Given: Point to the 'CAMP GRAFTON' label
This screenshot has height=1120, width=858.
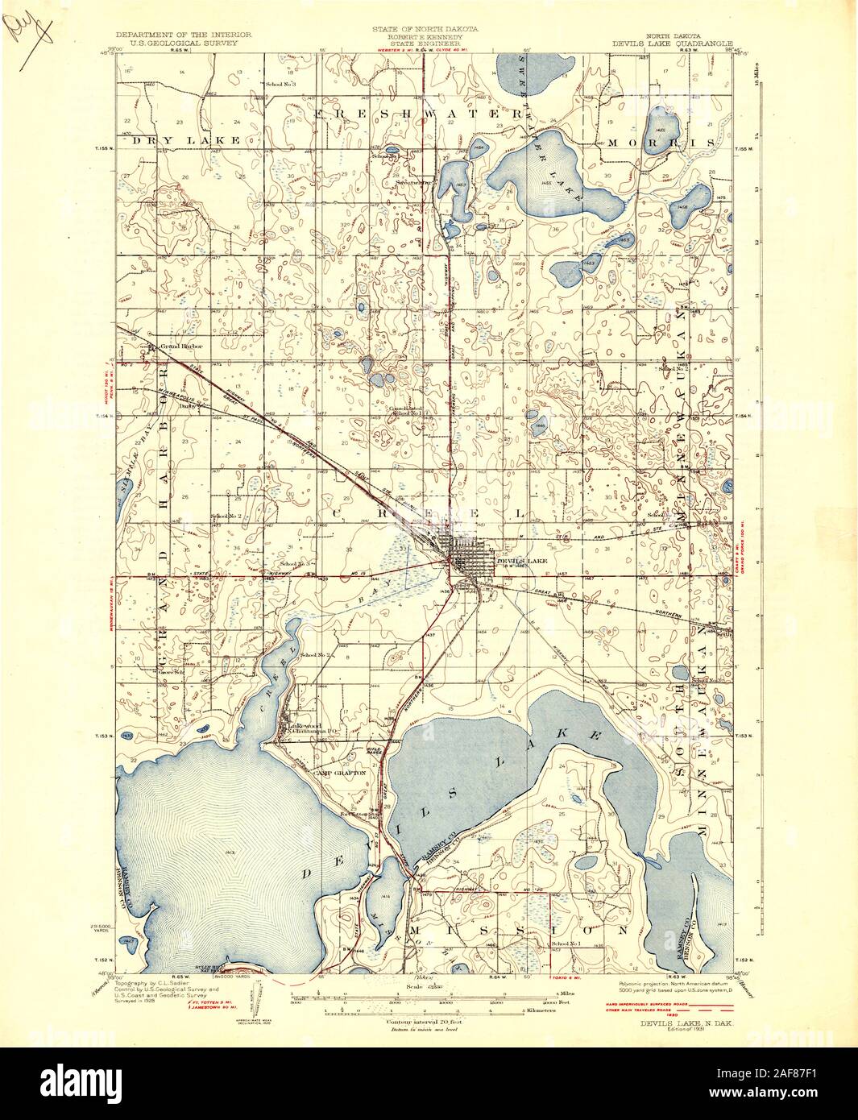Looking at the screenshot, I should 341,772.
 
